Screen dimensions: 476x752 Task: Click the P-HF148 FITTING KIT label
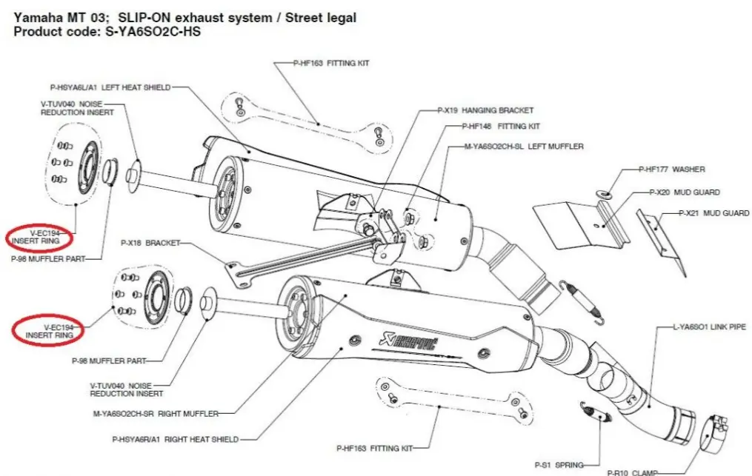pos(502,126)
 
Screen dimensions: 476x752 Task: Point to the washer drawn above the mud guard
pos(604,194)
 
